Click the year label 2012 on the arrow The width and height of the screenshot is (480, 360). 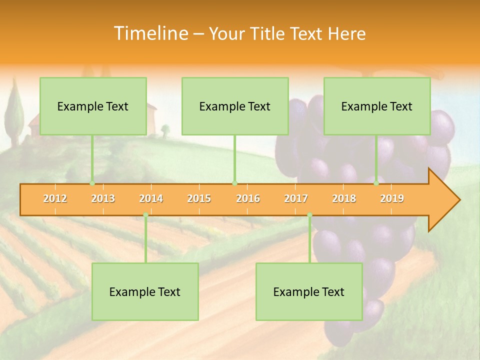pos(55,199)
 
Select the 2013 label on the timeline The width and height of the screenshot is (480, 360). pos(103,199)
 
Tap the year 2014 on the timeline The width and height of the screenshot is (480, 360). pos(151,199)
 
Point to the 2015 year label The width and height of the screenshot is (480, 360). pos(199,199)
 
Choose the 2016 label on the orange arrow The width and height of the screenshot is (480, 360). pos(248,199)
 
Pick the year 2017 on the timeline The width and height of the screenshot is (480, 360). pos(296,199)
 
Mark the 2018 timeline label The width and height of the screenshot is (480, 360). pos(344,199)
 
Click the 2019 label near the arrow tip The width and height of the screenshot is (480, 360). pos(392,199)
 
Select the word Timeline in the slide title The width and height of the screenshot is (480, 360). pos(150,33)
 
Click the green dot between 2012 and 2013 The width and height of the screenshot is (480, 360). pos(92,183)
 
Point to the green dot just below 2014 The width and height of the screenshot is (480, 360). pos(145,215)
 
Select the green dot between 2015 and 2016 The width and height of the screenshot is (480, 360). pos(234,183)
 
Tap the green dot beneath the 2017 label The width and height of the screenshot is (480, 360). pos(309,215)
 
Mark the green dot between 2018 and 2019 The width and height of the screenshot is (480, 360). pos(376,183)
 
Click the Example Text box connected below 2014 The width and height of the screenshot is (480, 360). pos(145,291)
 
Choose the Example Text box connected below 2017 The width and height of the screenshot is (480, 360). pos(309,291)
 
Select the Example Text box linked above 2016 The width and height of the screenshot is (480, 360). pos(235,106)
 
